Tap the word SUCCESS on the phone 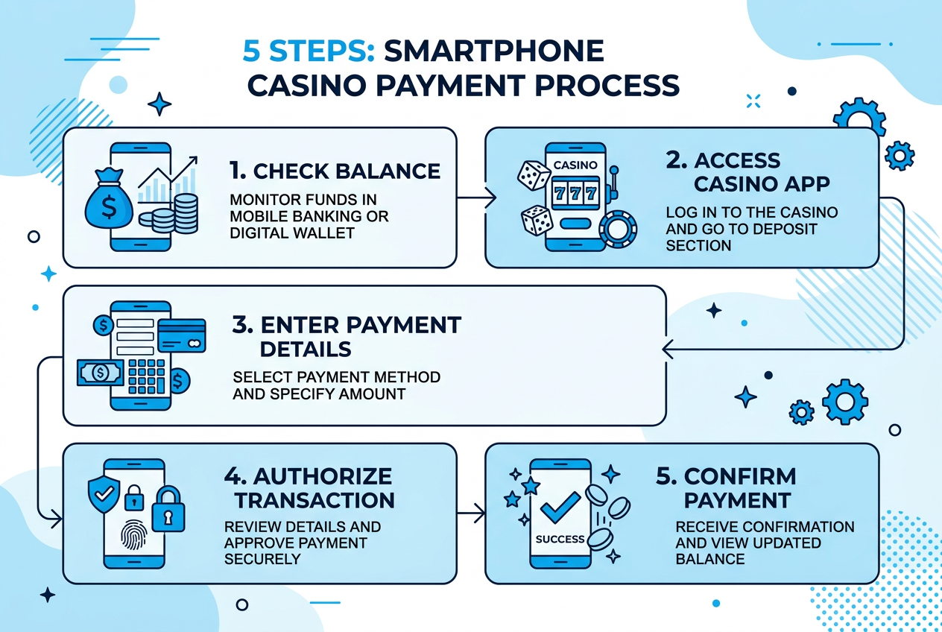point(560,538)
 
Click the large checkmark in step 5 point(560,506)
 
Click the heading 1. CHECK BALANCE point(335,171)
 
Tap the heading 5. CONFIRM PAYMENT point(726,487)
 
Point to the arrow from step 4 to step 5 point(470,513)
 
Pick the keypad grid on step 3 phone point(147,376)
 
